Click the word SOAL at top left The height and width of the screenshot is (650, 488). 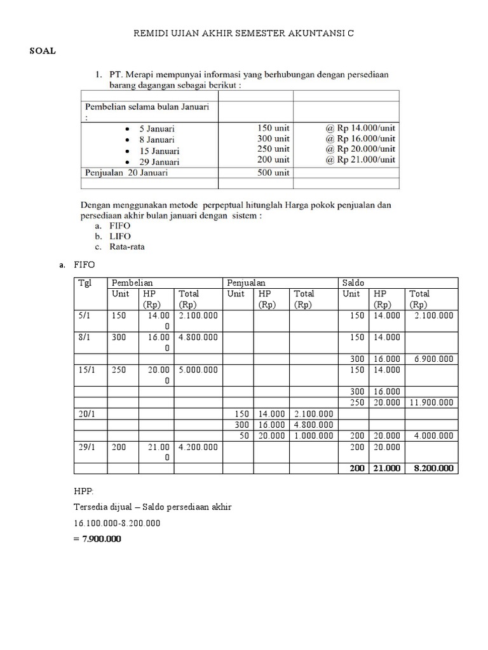(x=43, y=51)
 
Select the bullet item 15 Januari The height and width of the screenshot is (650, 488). (x=160, y=150)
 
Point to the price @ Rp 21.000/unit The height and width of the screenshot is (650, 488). (x=360, y=159)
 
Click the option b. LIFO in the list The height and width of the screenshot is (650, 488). (x=113, y=236)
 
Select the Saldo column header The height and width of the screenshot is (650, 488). (x=353, y=282)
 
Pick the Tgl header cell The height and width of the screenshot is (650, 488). (x=85, y=282)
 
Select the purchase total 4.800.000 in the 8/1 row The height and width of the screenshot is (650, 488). (x=198, y=337)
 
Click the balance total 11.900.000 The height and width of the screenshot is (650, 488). (x=431, y=402)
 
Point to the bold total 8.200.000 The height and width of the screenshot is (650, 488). (x=431, y=468)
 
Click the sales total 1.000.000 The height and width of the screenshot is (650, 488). (x=313, y=435)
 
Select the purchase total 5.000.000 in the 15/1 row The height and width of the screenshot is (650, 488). (x=198, y=369)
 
